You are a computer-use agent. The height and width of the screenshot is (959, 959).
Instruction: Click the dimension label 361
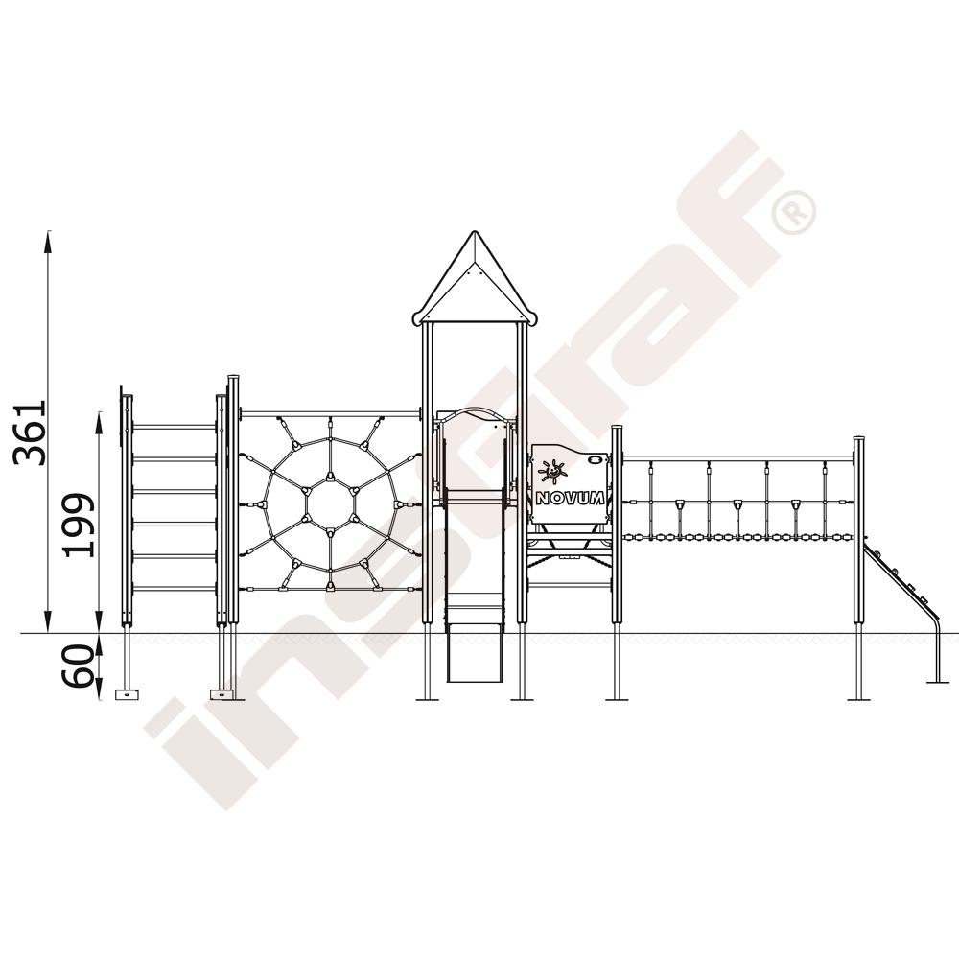tap(31, 433)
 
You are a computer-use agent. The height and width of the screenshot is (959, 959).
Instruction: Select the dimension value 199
tap(80, 525)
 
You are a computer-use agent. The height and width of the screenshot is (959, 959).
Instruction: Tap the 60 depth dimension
tap(80, 667)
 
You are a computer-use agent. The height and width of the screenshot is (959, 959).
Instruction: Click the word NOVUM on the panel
tap(570, 498)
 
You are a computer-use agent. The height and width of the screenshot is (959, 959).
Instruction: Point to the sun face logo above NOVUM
tap(552, 472)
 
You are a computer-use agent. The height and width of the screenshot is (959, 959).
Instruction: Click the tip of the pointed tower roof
tap(474, 231)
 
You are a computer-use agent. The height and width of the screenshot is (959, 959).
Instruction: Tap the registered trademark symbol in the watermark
tap(794, 212)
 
